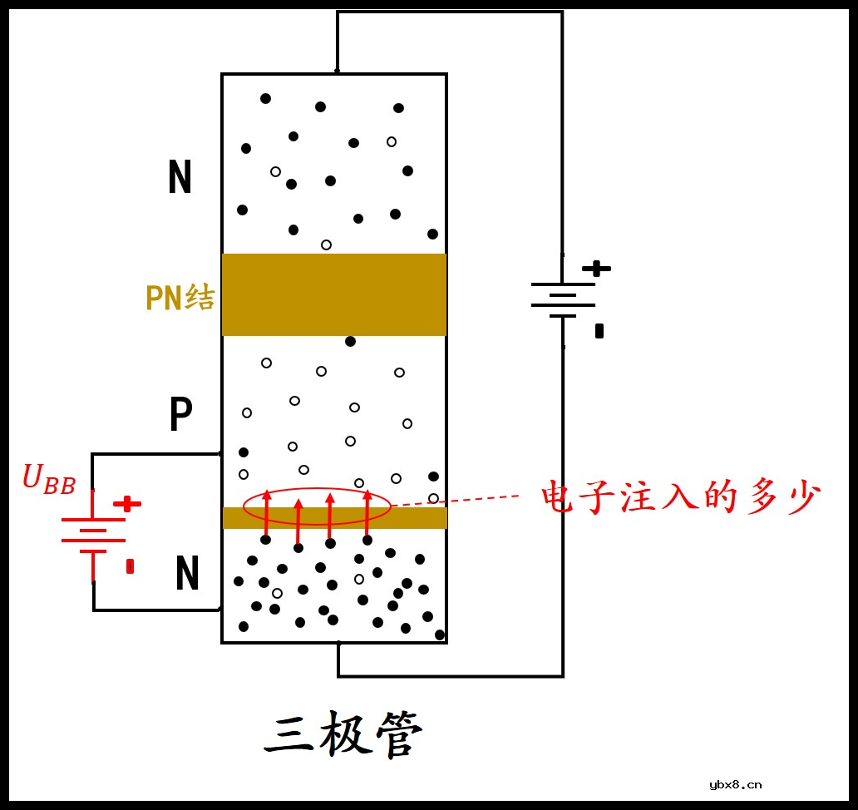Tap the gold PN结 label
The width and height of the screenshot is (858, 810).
pyautogui.click(x=180, y=297)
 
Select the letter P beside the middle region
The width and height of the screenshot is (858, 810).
pyautogui.click(x=180, y=414)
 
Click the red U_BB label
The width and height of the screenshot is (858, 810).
pyautogui.click(x=49, y=480)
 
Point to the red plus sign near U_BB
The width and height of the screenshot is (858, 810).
pyautogui.click(x=127, y=504)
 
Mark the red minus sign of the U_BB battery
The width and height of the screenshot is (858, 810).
pyautogui.click(x=130, y=566)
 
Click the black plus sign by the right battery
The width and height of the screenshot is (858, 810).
pyautogui.click(x=596, y=269)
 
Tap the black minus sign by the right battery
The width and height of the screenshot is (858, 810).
pyautogui.click(x=599, y=331)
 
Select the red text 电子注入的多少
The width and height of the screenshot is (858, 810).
pyautogui.click(x=681, y=498)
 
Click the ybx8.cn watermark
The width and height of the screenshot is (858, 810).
pyautogui.click(x=736, y=784)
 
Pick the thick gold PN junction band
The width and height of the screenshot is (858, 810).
pyautogui.click(x=334, y=294)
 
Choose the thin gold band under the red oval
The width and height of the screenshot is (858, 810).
pyautogui.click(x=416, y=518)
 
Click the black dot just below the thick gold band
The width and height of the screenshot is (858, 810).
pyautogui.click(x=350, y=341)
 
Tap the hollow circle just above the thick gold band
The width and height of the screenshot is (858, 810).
pyautogui.click(x=326, y=244)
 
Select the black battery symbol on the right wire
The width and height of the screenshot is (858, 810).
pyautogui.click(x=564, y=299)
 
